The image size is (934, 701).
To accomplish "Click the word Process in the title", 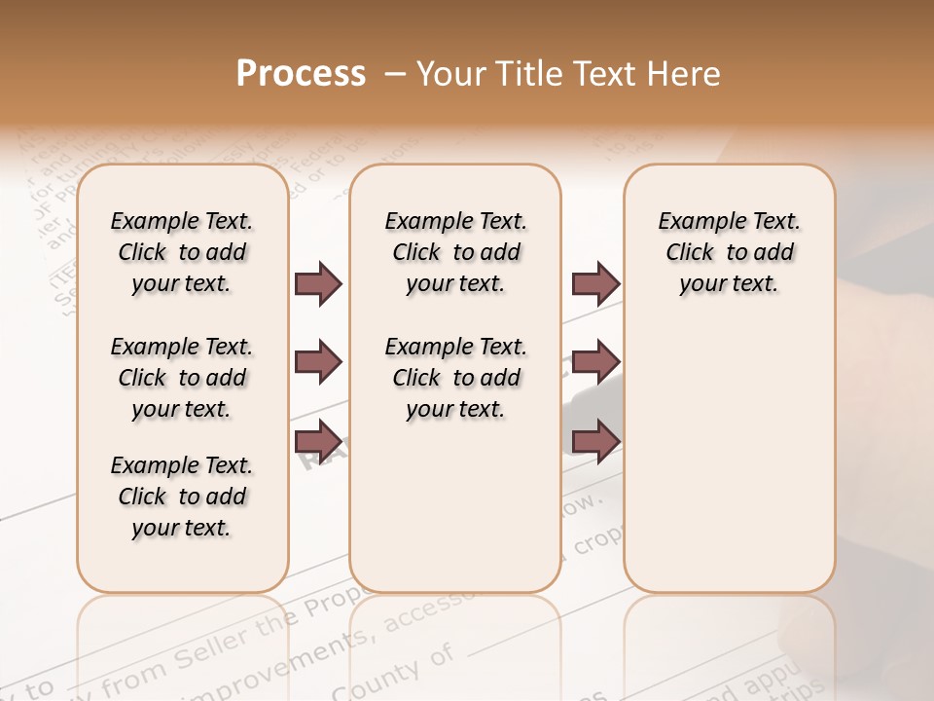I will tap(301, 74).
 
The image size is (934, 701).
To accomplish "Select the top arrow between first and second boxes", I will tap(318, 283).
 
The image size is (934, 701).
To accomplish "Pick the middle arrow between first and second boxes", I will tap(318, 362).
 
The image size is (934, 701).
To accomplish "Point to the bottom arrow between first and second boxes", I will tap(318, 440).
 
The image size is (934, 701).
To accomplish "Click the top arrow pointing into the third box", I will tap(595, 283).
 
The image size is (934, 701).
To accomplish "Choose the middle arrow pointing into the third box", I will tap(595, 362).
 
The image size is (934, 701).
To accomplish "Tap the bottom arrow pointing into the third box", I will tap(595, 440).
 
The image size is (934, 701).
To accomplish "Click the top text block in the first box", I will tap(182, 252).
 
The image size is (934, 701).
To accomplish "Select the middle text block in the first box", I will tap(182, 378).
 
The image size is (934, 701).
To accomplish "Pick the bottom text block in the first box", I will tap(182, 497).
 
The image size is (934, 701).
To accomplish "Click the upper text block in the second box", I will tap(455, 252).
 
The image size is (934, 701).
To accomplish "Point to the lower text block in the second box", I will tap(455, 378).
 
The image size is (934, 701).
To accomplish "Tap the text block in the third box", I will tap(729, 252).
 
